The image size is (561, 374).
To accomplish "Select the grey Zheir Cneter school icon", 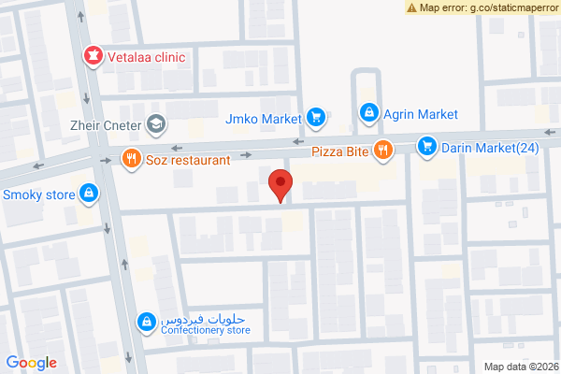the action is tap(155, 122).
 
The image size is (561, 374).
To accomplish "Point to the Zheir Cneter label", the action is tap(107, 122).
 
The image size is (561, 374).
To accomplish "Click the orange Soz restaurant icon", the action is tap(131, 159).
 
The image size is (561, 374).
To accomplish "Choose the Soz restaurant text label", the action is tap(187, 160).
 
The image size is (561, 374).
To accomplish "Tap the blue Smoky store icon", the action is tap(88, 194).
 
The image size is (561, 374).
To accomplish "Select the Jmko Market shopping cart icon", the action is tap(316, 118).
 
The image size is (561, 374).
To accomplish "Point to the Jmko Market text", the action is tap(264, 119).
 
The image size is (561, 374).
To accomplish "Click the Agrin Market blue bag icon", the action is tap(369, 114).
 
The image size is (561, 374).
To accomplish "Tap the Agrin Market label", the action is tap(421, 114).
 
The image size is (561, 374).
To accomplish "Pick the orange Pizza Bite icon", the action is tap(382, 150).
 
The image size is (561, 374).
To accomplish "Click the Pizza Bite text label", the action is tap(339, 151).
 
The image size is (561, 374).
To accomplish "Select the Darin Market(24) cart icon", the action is tap(427, 146).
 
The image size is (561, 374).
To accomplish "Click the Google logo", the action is tap(32, 363).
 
